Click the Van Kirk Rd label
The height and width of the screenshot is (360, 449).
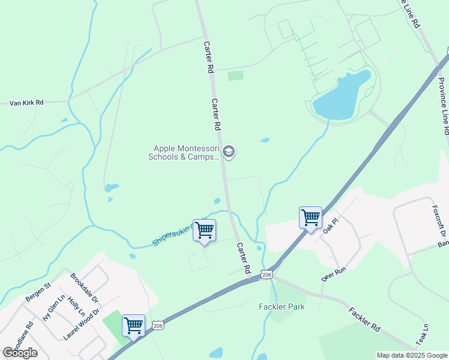pyautogui.click(x=26, y=103)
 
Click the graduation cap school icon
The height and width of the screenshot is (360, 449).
pyautogui.click(x=228, y=152)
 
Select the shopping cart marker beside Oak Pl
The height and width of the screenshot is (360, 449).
pyautogui.click(x=310, y=217)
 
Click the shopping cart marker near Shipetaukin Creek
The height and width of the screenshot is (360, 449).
pyautogui.click(x=204, y=230)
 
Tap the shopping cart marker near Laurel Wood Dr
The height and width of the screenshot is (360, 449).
pyautogui.click(x=133, y=326)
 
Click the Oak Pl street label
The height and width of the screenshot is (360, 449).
pyautogui.click(x=331, y=226)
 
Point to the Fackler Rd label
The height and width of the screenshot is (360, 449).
pyautogui.click(x=364, y=320)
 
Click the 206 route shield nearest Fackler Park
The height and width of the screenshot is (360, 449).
pyautogui.click(x=267, y=275)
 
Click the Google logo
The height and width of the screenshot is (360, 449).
pyautogui.click(x=20, y=352)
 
